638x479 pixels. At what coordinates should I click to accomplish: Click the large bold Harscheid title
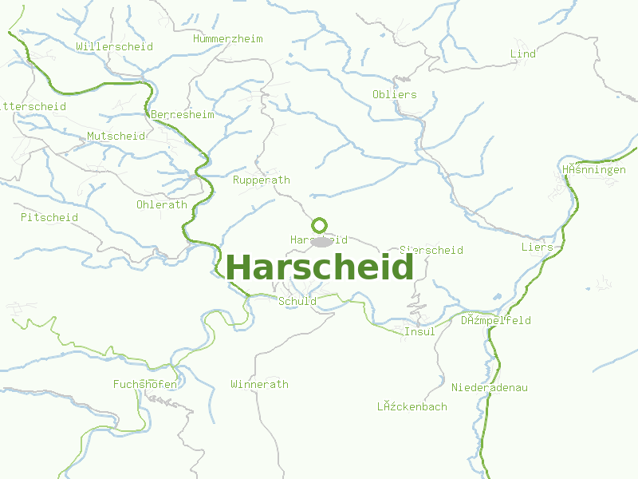tap(320, 267)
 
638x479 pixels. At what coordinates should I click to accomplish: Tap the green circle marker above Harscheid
tap(320, 225)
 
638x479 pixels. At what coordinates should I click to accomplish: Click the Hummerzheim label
tap(227, 38)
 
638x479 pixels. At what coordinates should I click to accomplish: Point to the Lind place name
tap(522, 53)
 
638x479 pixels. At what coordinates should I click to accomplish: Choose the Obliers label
tap(394, 94)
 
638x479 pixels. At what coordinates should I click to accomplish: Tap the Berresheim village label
tap(183, 114)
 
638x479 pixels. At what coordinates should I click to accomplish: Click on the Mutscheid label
tap(116, 136)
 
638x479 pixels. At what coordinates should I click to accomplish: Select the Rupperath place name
tap(261, 180)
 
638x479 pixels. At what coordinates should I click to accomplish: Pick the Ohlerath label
tap(161, 204)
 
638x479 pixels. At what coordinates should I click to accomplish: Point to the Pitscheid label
tap(49, 217)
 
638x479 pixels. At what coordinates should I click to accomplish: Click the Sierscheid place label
tap(431, 250)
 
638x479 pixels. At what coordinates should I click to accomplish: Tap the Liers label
tap(537, 247)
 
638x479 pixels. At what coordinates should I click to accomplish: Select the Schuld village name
tap(297, 301)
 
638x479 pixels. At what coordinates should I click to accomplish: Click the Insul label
tap(419, 331)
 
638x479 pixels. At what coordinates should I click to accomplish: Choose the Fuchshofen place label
tap(144, 384)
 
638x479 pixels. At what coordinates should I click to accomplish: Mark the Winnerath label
tap(259, 384)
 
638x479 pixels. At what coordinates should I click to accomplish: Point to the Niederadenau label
tap(490, 387)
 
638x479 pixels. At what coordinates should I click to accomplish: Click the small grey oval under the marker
tap(321, 242)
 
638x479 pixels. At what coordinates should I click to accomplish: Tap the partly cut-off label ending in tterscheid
tap(33, 106)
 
